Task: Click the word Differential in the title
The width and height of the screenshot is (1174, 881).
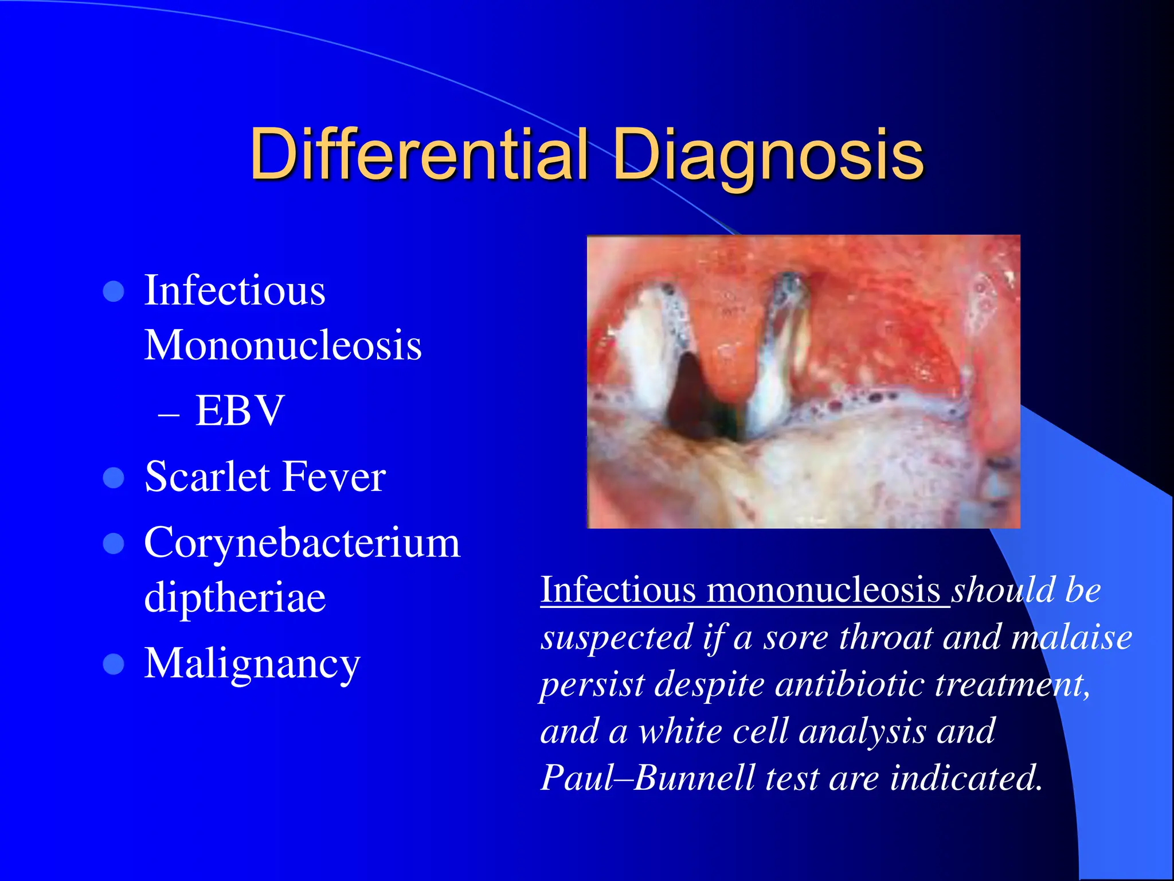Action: pos(419,154)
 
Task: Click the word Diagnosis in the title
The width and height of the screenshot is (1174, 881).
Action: pos(768,154)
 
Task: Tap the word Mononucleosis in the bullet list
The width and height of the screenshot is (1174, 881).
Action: pos(283,345)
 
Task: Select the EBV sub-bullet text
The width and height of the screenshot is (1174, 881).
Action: pos(240,411)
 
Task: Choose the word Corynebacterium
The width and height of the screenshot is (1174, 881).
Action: pos(302,543)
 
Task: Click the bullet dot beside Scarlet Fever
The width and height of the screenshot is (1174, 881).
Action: pos(114,478)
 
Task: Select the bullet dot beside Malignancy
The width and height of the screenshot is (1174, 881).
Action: pos(114,664)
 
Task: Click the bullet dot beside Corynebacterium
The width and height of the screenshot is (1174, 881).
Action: pos(114,544)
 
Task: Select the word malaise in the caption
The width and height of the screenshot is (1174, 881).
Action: pos(1071,637)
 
